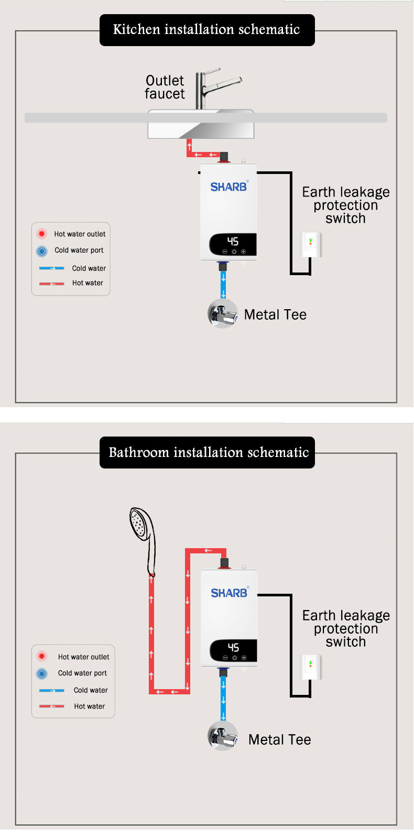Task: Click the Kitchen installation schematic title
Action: coord(206,30)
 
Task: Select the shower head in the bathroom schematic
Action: coord(140,524)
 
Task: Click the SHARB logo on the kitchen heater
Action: coord(228,187)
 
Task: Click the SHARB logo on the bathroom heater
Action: coord(229,593)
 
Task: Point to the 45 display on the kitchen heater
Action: coord(233,241)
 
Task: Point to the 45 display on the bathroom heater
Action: coord(233,648)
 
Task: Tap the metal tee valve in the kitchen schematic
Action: coord(222,313)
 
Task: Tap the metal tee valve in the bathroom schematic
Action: coord(222,736)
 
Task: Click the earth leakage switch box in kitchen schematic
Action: coord(310,244)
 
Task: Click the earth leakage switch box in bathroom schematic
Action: coord(310,667)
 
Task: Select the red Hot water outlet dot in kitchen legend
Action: coord(42,234)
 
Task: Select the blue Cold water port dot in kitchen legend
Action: coord(42,251)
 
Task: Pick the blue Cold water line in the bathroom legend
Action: coord(51,691)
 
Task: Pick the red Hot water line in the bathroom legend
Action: coord(51,706)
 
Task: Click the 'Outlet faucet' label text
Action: coord(165,87)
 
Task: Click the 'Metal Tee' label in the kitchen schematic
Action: coord(275,314)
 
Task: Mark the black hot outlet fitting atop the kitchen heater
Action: coord(224,157)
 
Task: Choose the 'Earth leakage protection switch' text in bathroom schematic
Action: coord(346,628)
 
